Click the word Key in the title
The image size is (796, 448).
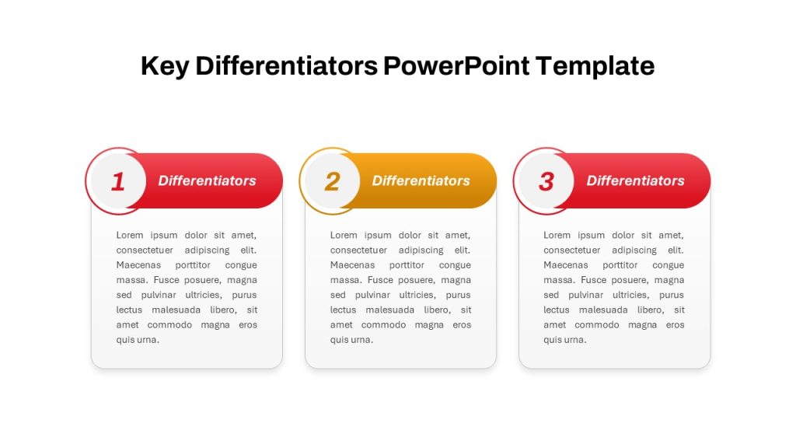click(165, 67)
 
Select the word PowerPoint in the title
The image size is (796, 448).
click(456, 65)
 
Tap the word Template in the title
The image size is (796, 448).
click(595, 67)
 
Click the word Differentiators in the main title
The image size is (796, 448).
click(286, 65)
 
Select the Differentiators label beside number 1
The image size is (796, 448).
click(207, 180)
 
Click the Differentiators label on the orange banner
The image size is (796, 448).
click(421, 180)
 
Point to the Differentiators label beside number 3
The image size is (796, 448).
click(636, 180)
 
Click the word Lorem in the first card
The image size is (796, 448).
click(130, 235)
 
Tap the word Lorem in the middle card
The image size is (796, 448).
click(344, 235)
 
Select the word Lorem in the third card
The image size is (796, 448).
click(557, 235)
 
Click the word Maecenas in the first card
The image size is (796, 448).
click(138, 265)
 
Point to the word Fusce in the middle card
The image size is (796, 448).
click(380, 280)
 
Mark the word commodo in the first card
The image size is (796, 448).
click(169, 324)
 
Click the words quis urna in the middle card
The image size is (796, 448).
click(352, 340)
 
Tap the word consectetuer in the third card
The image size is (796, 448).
click(571, 250)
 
